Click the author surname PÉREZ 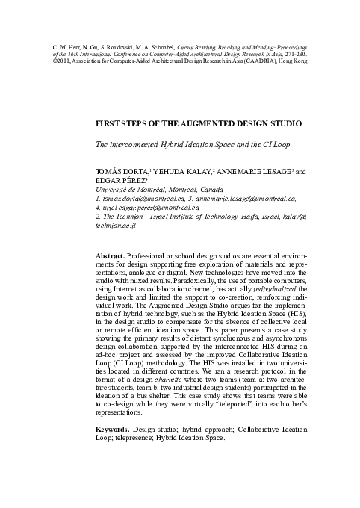tap(134, 180)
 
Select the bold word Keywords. tap(114, 430)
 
